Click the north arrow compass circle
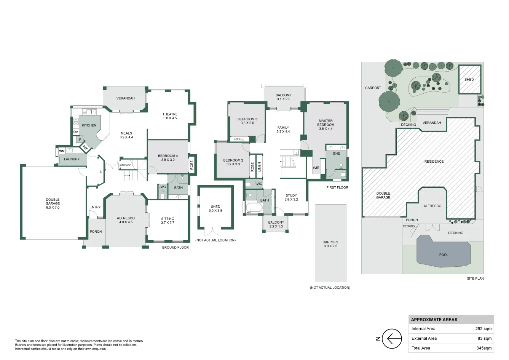click(x=392, y=338)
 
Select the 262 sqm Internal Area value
click(x=483, y=329)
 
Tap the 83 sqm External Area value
click(x=484, y=338)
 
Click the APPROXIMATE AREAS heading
click(x=434, y=320)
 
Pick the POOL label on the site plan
click(x=444, y=255)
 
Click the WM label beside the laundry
click(x=62, y=151)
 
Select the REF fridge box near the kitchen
click(x=85, y=147)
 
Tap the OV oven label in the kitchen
click(x=75, y=132)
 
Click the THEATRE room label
click(x=170, y=116)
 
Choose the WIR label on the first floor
click(x=316, y=168)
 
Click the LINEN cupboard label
click(x=260, y=167)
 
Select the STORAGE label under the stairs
click(x=126, y=165)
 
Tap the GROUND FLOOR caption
click(x=175, y=248)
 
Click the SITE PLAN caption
click(x=475, y=278)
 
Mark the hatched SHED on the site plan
click(x=469, y=80)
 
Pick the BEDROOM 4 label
click(x=168, y=158)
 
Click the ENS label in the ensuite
click(x=337, y=154)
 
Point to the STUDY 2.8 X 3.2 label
click(x=291, y=197)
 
